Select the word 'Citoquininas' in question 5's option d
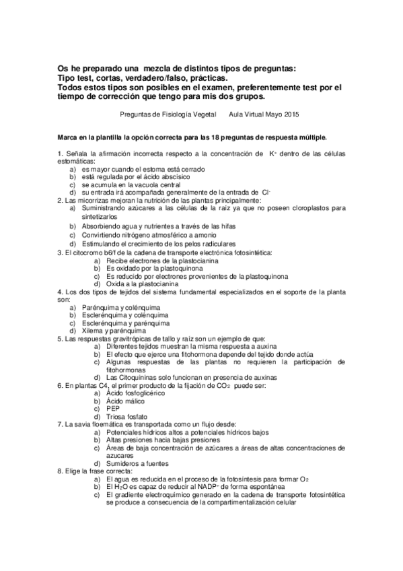point(139,377)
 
